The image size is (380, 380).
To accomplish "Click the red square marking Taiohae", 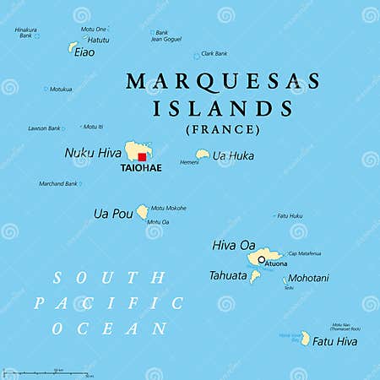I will click(143, 156).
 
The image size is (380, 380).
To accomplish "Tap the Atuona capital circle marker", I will click(262, 259).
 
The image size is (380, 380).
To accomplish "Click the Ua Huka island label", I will click(233, 155).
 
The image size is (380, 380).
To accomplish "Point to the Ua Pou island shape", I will click(143, 211).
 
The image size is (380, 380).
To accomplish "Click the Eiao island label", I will click(84, 52).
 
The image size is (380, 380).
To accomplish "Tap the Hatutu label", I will click(98, 39).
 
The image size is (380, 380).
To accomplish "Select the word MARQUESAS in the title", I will click(223, 82).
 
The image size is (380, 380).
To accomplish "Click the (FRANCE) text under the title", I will click(223, 129).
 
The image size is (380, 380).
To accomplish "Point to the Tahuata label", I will click(228, 275).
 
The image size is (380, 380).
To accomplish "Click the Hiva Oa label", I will click(234, 245).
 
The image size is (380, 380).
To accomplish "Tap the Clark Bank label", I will click(214, 53).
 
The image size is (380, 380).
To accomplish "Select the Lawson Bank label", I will click(44, 128).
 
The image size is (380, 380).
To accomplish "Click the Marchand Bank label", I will click(58, 183).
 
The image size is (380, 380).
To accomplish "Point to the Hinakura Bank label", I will click(26, 33).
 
